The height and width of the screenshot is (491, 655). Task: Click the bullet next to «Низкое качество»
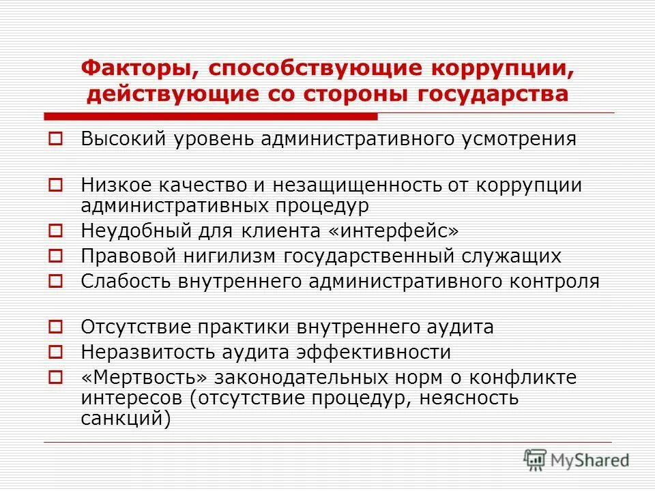57,185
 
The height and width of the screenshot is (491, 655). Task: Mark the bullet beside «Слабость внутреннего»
57,281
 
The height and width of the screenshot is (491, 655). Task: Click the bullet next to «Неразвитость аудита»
57,353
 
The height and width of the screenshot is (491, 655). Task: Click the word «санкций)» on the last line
125,417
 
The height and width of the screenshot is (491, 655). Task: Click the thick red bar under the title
211,115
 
